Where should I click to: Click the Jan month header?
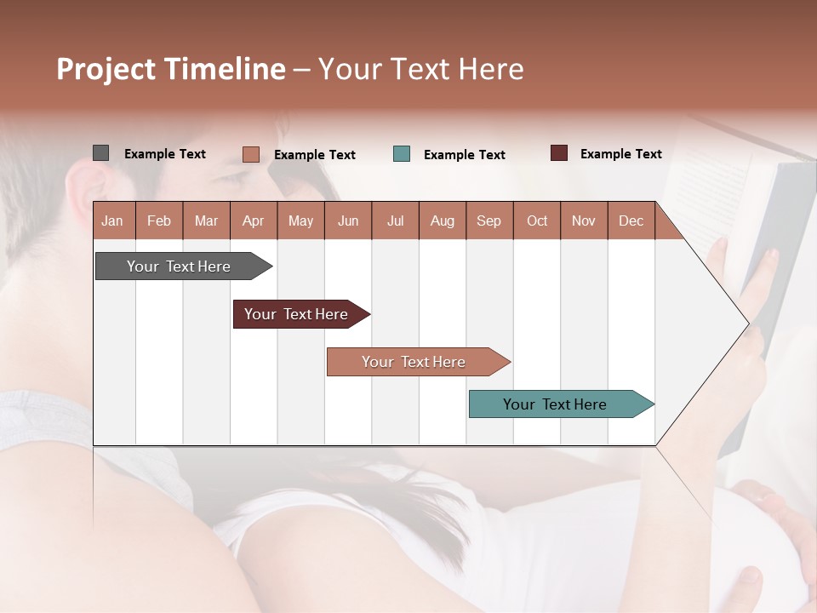[112, 221]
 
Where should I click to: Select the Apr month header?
[253, 221]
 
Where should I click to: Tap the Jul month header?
[395, 221]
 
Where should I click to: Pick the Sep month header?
[488, 221]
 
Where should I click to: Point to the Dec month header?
[631, 221]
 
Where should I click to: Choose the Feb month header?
[159, 221]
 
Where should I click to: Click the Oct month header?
[537, 221]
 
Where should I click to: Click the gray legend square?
[100, 153]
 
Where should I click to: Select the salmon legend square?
[250, 154]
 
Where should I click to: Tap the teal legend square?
[402, 154]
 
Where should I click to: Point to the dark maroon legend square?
[559, 153]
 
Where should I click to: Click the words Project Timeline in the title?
[171, 69]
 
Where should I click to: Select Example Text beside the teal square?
[464, 155]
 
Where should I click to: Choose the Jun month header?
[348, 221]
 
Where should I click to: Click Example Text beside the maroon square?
[620, 154]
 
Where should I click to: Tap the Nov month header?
[584, 221]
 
